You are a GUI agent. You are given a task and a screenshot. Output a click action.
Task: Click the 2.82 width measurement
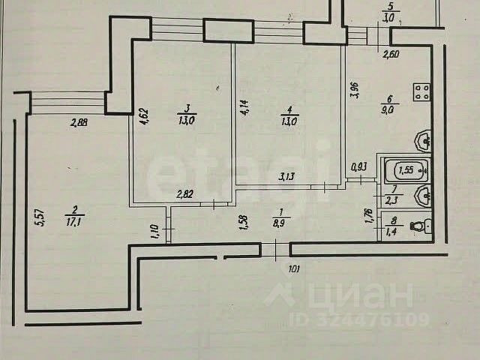point(185,195)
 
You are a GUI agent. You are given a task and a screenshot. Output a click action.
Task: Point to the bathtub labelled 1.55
point(405,172)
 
